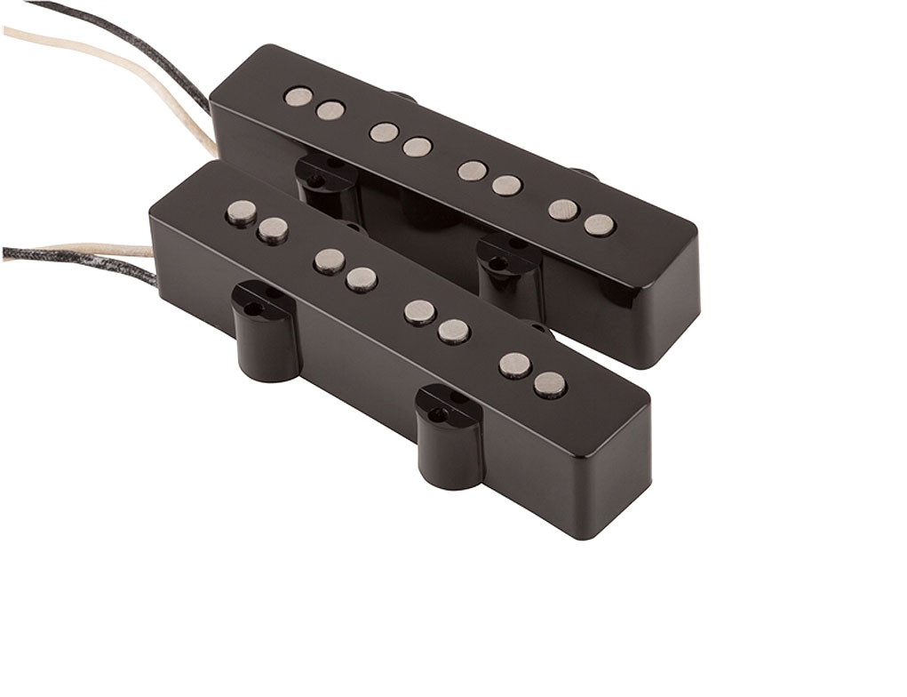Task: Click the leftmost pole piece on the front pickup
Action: click(241, 212)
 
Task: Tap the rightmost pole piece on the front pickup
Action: click(550, 384)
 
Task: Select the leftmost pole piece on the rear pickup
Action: click(298, 97)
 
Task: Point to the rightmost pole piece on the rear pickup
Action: click(600, 225)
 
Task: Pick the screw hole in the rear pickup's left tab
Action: click(316, 181)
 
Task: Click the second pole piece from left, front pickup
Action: click(273, 229)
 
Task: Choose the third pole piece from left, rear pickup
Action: click(384, 132)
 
